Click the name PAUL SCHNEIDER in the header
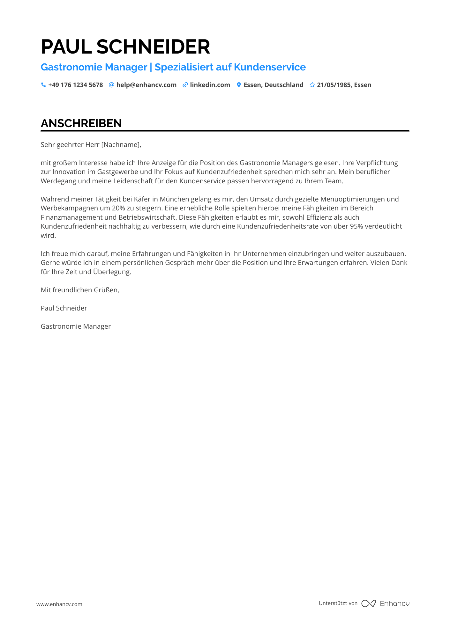coord(125,47)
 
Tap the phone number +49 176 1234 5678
coord(75,85)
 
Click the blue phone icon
coord(43,85)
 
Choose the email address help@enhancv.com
coord(146,85)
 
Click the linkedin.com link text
coord(210,85)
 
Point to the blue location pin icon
coord(239,85)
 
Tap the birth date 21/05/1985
coord(334,85)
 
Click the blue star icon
coord(312,85)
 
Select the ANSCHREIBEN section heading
coord(81,123)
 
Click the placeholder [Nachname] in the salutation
coord(120,145)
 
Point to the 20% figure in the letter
coord(118,208)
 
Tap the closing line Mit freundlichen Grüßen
coord(80,290)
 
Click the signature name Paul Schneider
coord(64,308)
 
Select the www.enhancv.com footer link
coord(59,604)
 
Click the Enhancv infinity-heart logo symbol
coord(368,603)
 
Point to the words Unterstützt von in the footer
coord(338,603)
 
